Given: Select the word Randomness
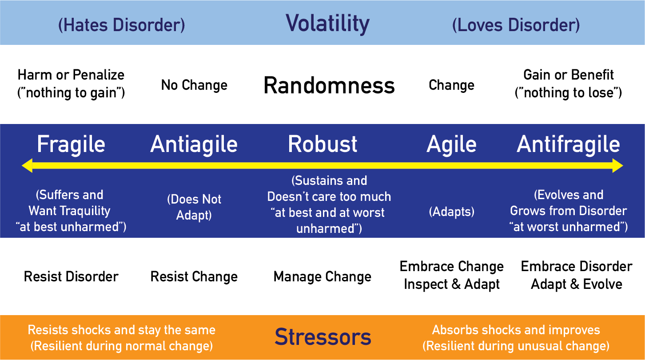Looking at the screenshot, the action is (329, 85).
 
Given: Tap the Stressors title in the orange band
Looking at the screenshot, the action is (323, 337).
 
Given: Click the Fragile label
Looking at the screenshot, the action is (71, 144).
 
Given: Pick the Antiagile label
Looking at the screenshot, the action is (194, 144).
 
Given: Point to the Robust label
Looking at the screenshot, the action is (322, 144).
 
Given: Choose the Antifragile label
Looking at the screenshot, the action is (568, 144).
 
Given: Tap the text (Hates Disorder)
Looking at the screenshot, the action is (122, 25).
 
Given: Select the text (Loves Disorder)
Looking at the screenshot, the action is (516, 25).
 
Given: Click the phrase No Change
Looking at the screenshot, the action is (194, 85).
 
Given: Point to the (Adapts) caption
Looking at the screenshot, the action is (451, 212).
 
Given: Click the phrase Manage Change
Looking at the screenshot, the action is (322, 277).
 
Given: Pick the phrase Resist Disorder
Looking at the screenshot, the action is (71, 277).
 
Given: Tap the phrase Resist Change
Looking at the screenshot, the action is (194, 277).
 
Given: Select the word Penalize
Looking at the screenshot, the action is (99, 75).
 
